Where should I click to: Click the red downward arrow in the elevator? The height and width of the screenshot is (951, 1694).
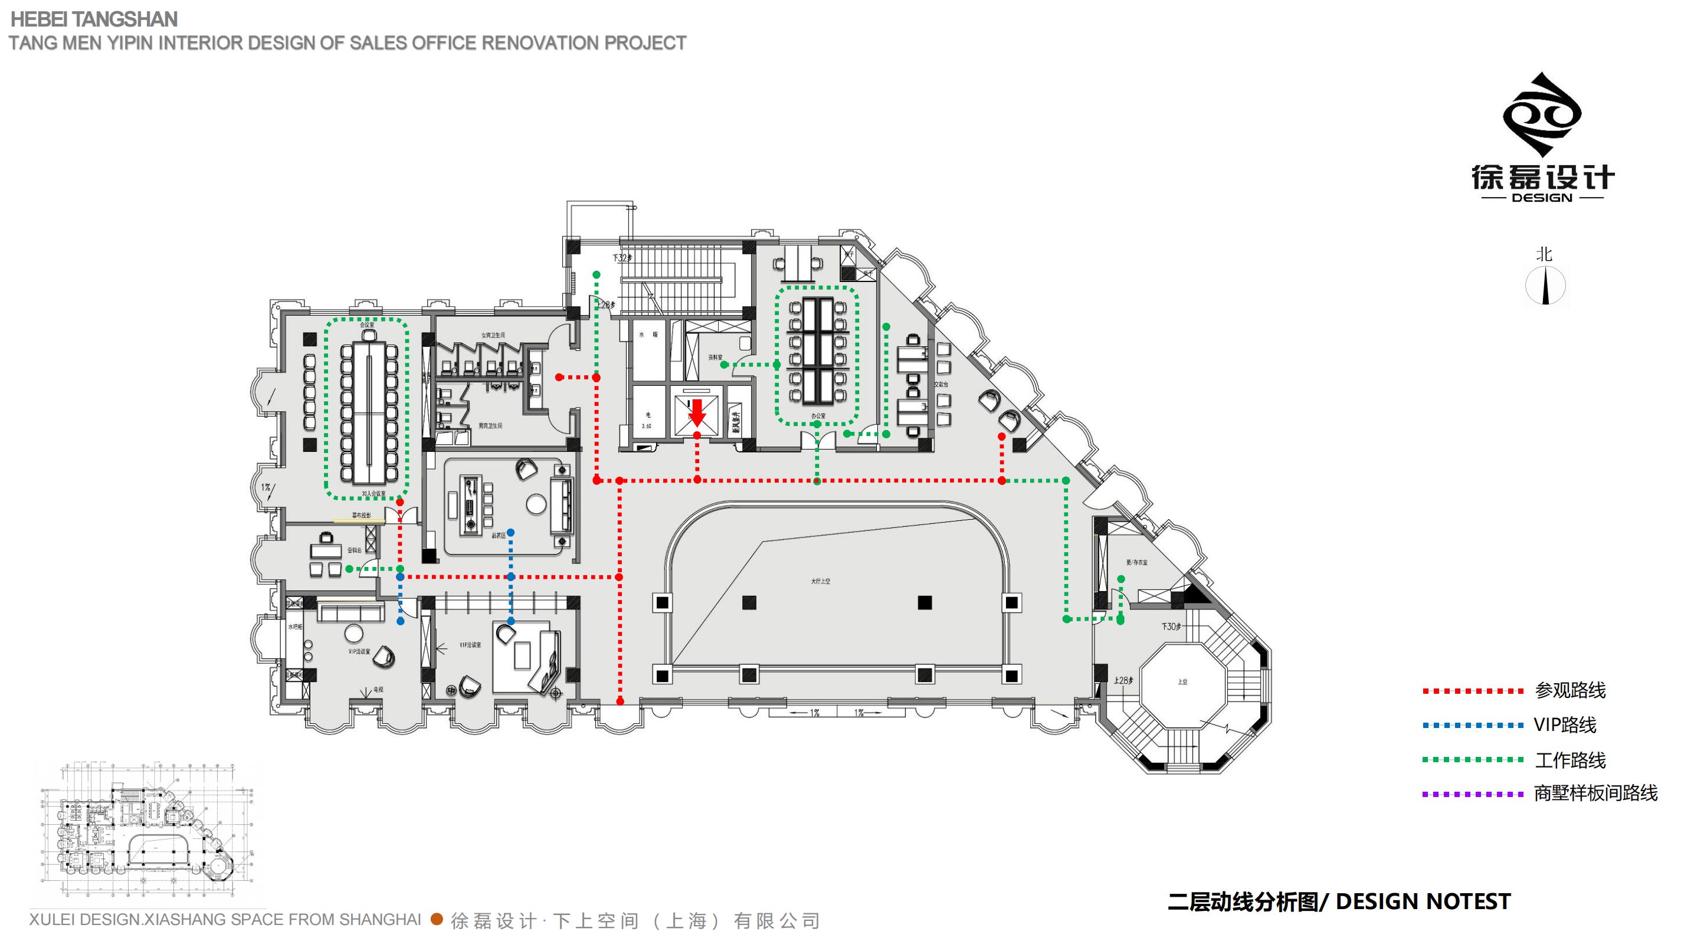[697, 412]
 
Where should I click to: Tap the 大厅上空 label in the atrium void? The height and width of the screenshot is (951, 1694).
[820, 581]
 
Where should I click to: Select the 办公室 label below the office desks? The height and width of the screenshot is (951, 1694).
[818, 417]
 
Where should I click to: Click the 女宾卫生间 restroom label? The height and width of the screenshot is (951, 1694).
[493, 336]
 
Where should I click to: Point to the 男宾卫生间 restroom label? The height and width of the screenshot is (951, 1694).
[490, 426]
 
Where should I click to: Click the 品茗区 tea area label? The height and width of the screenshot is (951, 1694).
[499, 536]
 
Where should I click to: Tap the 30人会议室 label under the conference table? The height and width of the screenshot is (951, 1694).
[373, 494]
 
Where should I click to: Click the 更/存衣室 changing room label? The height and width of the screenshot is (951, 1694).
[1136, 563]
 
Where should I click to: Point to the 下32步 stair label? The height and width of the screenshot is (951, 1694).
[622, 258]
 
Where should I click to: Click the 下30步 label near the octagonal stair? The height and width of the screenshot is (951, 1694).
[1171, 627]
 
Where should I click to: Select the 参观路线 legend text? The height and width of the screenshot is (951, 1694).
[1570, 691]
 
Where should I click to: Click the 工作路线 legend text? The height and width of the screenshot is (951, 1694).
[1570, 760]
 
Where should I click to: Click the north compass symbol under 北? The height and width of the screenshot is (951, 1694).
[1545, 286]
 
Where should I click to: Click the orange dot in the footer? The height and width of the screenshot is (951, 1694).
[437, 919]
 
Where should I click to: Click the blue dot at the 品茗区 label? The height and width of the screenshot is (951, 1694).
[511, 533]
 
